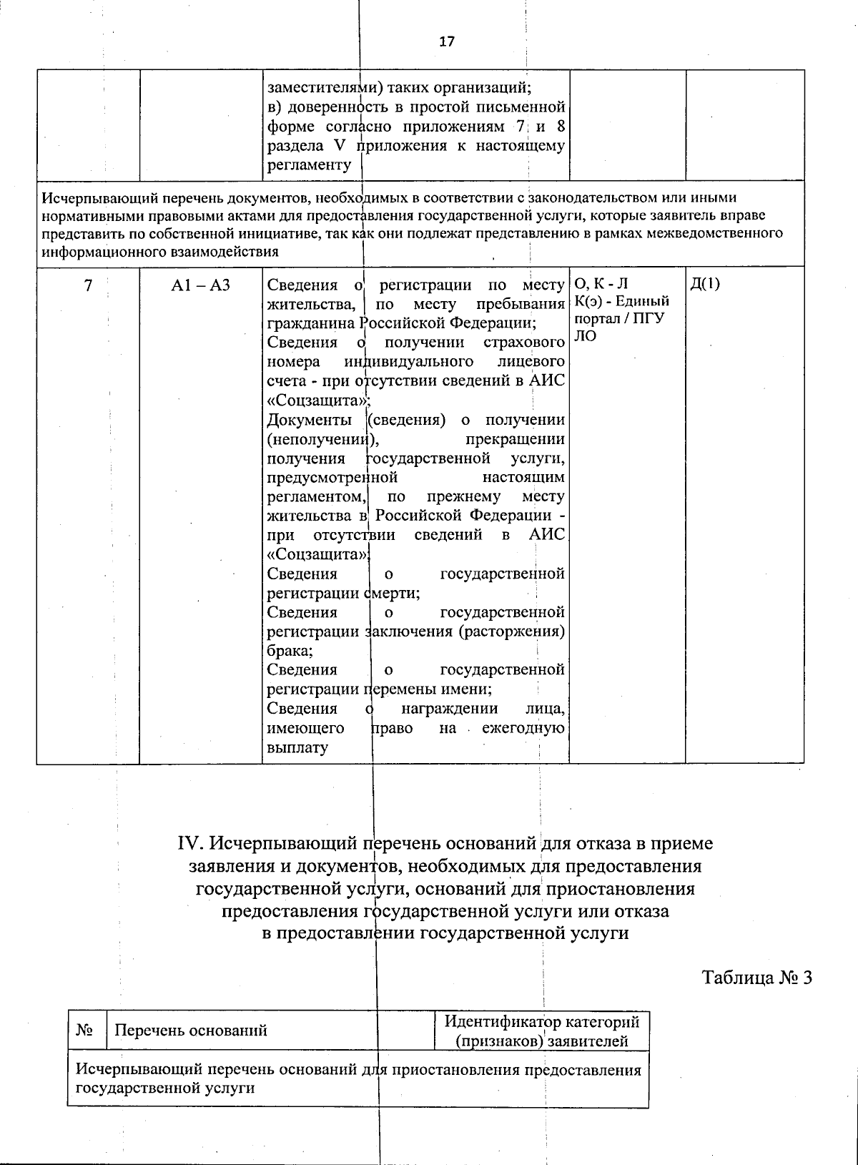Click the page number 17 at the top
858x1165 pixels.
[x=446, y=41]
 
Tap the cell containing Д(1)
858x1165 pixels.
[x=705, y=284]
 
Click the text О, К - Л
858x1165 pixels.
[x=601, y=284]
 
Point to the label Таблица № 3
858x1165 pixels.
[x=757, y=977]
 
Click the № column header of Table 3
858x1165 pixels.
[x=87, y=1030]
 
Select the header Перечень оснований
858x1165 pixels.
[x=191, y=1030]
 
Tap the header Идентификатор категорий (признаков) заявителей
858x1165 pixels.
[x=542, y=1031]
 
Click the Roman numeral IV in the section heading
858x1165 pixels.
[x=191, y=844]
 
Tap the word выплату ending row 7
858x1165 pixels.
[x=297, y=748]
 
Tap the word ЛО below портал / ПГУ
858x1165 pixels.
[x=585, y=336]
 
